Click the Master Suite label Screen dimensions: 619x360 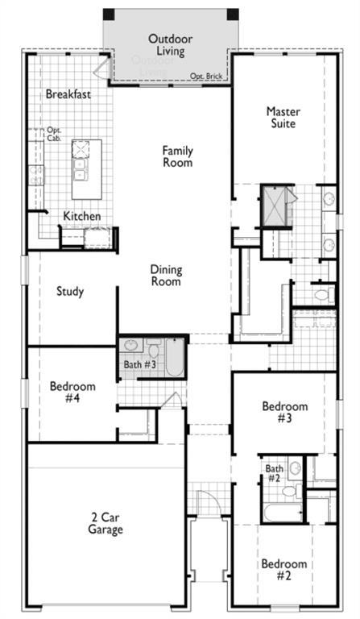pos(282,118)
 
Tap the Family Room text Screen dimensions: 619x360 pos(177,156)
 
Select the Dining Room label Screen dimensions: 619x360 pos(165,276)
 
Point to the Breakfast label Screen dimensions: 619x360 pos(68,94)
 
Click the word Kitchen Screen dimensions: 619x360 pos(82,216)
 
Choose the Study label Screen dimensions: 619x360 pos(70,292)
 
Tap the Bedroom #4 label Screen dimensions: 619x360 pos(72,393)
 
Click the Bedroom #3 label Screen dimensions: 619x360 pos(285,413)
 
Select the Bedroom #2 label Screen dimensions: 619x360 pos(283,570)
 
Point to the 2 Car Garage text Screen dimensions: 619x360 pos(106,523)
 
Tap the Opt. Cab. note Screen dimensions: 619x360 pos(54,135)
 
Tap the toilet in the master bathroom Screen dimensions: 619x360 pos(323,295)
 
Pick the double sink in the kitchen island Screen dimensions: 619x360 pos(81,160)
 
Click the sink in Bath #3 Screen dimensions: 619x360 pos(131,347)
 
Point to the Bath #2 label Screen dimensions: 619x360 pos(275,473)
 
